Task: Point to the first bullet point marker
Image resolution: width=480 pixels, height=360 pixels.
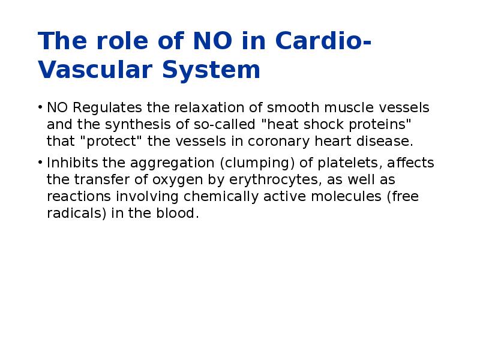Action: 40,108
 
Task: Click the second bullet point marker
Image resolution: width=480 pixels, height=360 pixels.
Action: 40,163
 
